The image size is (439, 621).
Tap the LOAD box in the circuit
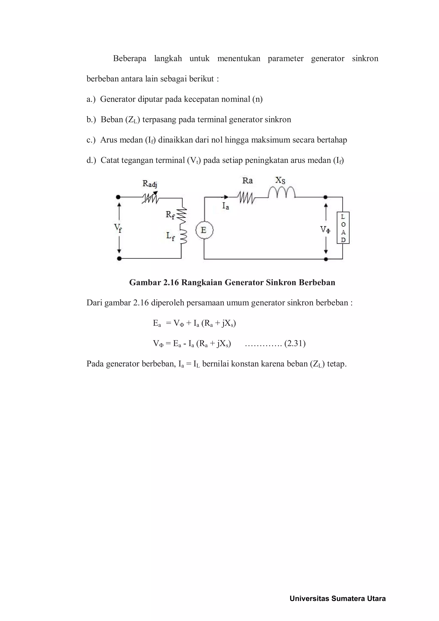[x=343, y=228]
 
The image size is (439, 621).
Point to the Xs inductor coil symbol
[x=282, y=192]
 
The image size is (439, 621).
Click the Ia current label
[x=226, y=206]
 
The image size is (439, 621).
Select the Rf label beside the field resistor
[x=170, y=215]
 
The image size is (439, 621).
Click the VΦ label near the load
[x=325, y=230]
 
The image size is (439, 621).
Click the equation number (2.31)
[x=295, y=344]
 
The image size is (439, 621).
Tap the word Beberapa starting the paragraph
[x=129, y=58]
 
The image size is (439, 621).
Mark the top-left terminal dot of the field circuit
[x=118, y=197]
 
